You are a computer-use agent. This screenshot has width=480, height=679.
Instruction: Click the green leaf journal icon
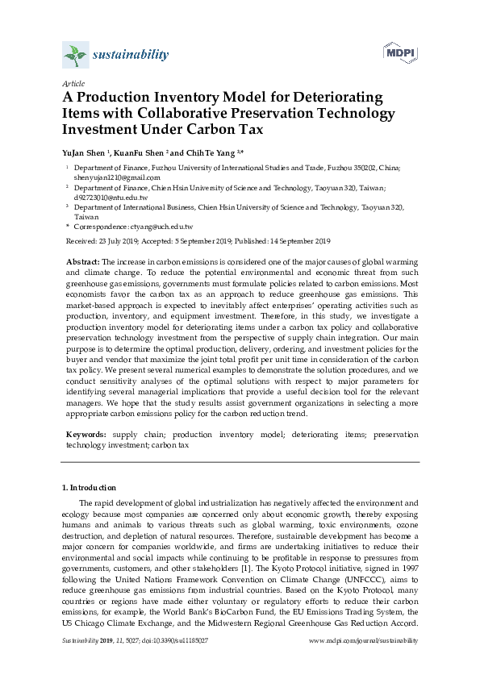[x=75, y=56]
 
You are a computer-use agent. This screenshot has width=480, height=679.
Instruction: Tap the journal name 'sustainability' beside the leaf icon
[x=131, y=55]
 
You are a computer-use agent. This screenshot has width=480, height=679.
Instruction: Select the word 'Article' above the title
[x=72, y=83]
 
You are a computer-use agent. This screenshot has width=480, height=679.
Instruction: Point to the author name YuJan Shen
[x=83, y=152]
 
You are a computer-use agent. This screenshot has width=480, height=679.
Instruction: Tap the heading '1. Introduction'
[x=89, y=488]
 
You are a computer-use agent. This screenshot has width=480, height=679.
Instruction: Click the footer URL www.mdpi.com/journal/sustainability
[x=364, y=640]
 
